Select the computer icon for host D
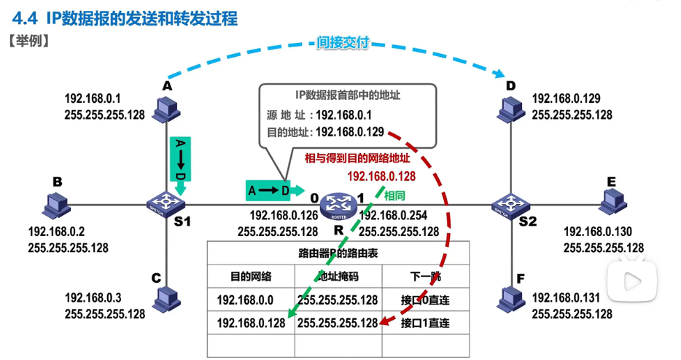coord(510,108)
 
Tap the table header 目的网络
coord(251,276)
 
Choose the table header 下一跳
coord(421,276)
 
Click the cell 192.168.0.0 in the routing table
coord(246,300)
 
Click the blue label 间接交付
coord(341,43)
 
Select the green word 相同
coord(394,195)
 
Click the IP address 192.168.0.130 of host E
coord(598,232)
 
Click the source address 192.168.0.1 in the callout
coord(344,114)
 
